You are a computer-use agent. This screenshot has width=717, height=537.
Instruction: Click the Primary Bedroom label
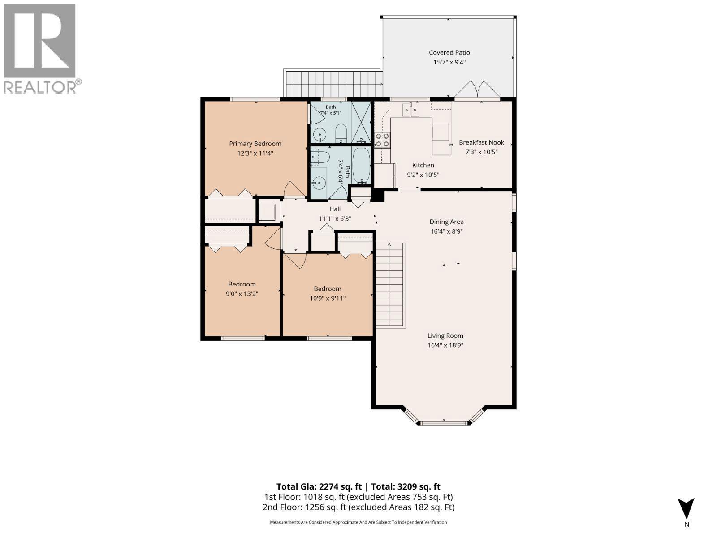coord(255,144)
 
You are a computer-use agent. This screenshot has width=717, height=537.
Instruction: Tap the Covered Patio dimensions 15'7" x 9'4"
coord(449,62)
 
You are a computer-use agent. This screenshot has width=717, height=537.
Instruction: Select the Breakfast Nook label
coord(481,142)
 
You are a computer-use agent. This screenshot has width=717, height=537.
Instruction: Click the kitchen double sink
coord(410,110)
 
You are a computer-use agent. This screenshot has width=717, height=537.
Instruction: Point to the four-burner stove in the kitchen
coord(382,140)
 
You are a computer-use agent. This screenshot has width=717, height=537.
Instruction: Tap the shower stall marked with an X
coord(361,122)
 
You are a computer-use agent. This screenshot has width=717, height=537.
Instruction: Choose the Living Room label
coord(445,336)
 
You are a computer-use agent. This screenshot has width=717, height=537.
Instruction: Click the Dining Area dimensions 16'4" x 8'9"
coord(446,231)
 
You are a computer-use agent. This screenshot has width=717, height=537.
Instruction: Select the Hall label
coord(335,209)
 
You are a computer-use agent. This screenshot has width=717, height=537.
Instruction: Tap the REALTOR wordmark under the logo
coord(40,87)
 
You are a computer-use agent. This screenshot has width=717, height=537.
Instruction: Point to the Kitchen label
coord(423,165)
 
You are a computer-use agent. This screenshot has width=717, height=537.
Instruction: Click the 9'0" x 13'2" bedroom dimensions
coord(242,294)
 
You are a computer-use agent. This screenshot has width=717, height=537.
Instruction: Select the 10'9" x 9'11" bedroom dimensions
coord(327,298)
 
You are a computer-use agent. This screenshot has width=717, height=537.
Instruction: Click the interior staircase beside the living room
coord(390,286)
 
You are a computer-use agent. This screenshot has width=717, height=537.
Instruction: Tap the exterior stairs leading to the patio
coord(334,84)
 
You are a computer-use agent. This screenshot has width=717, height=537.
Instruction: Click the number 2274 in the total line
coord(330,486)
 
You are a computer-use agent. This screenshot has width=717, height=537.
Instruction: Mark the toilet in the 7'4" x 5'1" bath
coord(341,133)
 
